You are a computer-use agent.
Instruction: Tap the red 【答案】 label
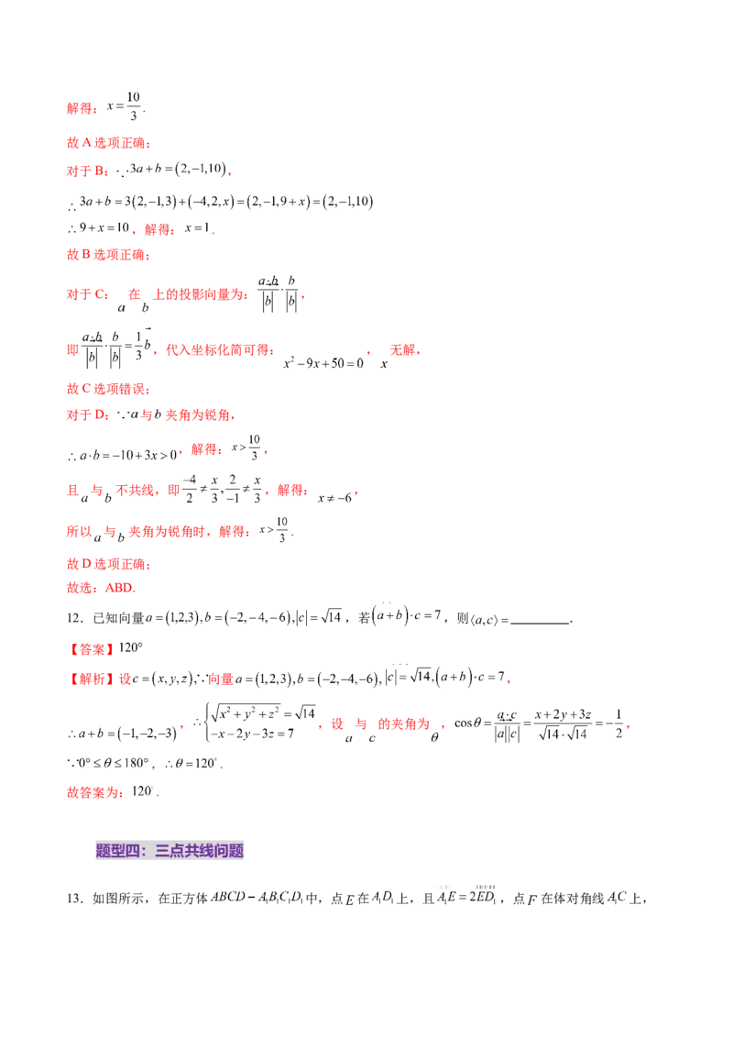[92, 649]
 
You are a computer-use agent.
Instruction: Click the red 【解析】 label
[92, 679]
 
